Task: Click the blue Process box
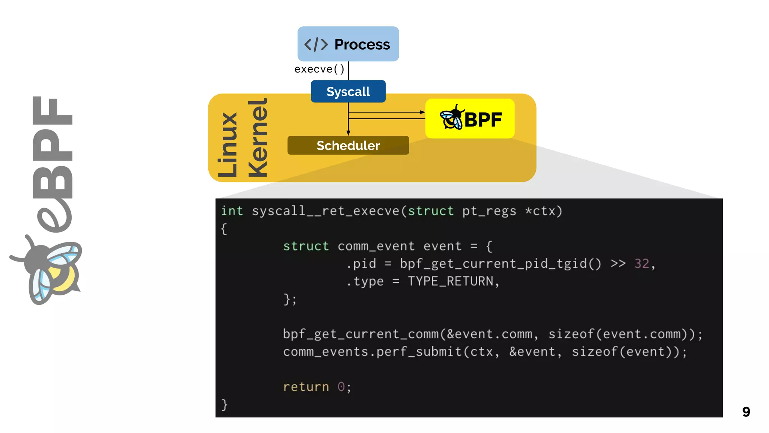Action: pos(348,44)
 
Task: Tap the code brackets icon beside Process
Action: pos(316,44)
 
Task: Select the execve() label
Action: pos(319,69)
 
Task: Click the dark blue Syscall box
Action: pos(348,91)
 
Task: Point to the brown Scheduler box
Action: pos(348,145)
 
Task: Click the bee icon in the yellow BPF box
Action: pos(452,118)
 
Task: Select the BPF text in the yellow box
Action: pos(483,120)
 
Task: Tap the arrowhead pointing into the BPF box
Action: pos(423,112)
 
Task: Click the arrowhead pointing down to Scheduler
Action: pos(348,133)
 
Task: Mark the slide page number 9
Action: pos(746,412)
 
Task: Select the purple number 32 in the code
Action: pos(642,263)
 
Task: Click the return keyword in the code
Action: pos(306,387)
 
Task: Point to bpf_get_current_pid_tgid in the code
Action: pos(493,263)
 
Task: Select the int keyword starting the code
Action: pos(232,211)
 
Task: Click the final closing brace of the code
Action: pos(224,405)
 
